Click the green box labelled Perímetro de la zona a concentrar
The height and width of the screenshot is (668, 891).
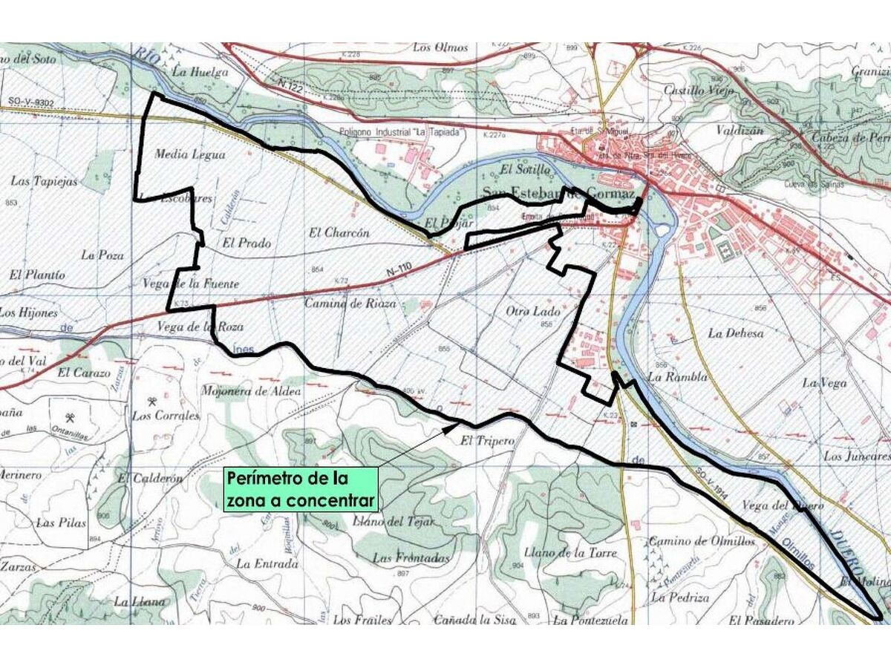[x=302, y=489]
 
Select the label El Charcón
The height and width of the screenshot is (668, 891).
[x=339, y=232]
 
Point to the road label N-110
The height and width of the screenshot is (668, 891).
[x=399, y=274]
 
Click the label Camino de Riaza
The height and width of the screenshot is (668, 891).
[x=350, y=304]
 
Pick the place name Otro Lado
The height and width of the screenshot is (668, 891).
[x=533, y=311]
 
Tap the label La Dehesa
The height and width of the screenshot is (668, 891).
[x=735, y=333]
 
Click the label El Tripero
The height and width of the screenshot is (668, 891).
[x=487, y=441]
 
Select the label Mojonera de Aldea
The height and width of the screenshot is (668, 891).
[x=252, y=391]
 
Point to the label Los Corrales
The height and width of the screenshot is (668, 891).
[x=166, y=416]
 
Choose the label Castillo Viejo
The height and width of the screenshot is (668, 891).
[x=699, y=91]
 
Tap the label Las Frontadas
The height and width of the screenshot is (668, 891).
[x=411, y=558]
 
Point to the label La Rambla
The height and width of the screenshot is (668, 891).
[x=677, y=376]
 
